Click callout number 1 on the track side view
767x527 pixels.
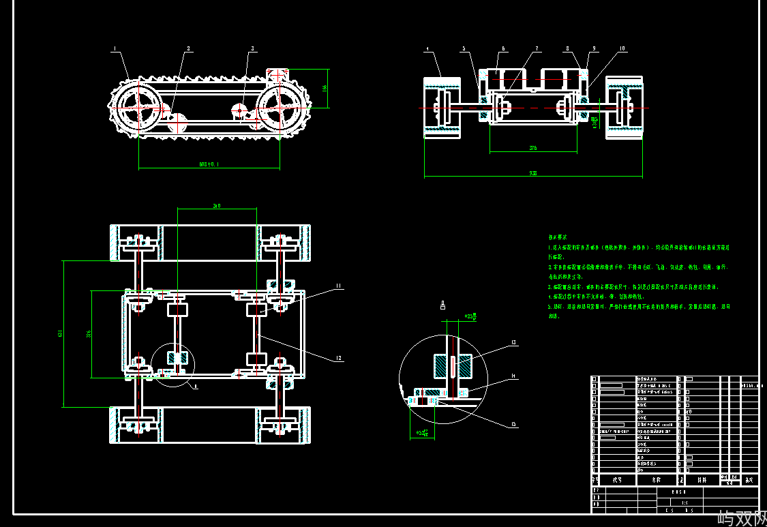point(115,49)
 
